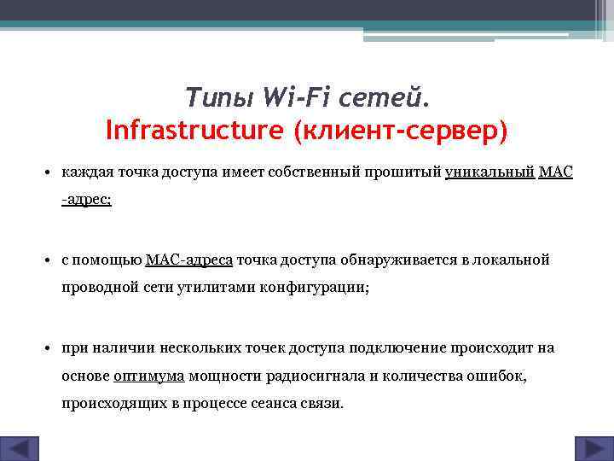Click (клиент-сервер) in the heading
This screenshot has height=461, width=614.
click(x=400, y=131)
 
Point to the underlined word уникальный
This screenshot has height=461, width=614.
click(x=489, y=172)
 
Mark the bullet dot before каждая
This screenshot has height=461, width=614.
click(x=50, y=172)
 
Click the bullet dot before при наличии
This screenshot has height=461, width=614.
click(x=50, y=348)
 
